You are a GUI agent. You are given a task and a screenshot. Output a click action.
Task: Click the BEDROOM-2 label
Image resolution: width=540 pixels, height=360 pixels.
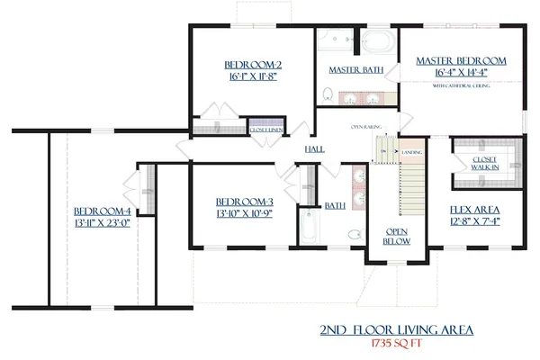pyautogui.click(x=253, y=64)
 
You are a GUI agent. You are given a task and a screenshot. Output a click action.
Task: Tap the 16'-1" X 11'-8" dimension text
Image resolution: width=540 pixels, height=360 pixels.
pyautogui.click(x=253, y=77)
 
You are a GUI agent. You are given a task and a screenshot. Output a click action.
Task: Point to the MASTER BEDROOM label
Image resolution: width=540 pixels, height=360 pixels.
pyautogui.click(x=461, y=60)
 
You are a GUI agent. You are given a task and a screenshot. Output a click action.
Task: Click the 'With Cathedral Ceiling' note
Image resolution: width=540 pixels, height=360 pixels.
pyautogui.click(x=461, y=85)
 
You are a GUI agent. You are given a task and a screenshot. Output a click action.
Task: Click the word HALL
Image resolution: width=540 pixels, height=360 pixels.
pyautogui.click(x=315, y=148)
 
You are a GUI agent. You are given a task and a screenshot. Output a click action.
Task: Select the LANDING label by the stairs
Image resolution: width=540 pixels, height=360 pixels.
pyautogui.click(x=412, y=152)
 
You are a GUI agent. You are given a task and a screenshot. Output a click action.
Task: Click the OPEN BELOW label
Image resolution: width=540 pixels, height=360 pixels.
pyautogui.click(x=397, y=235)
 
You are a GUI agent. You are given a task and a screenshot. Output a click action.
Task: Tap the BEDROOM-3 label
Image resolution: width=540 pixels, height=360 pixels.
pyautogui.click(x=244, y=202)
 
